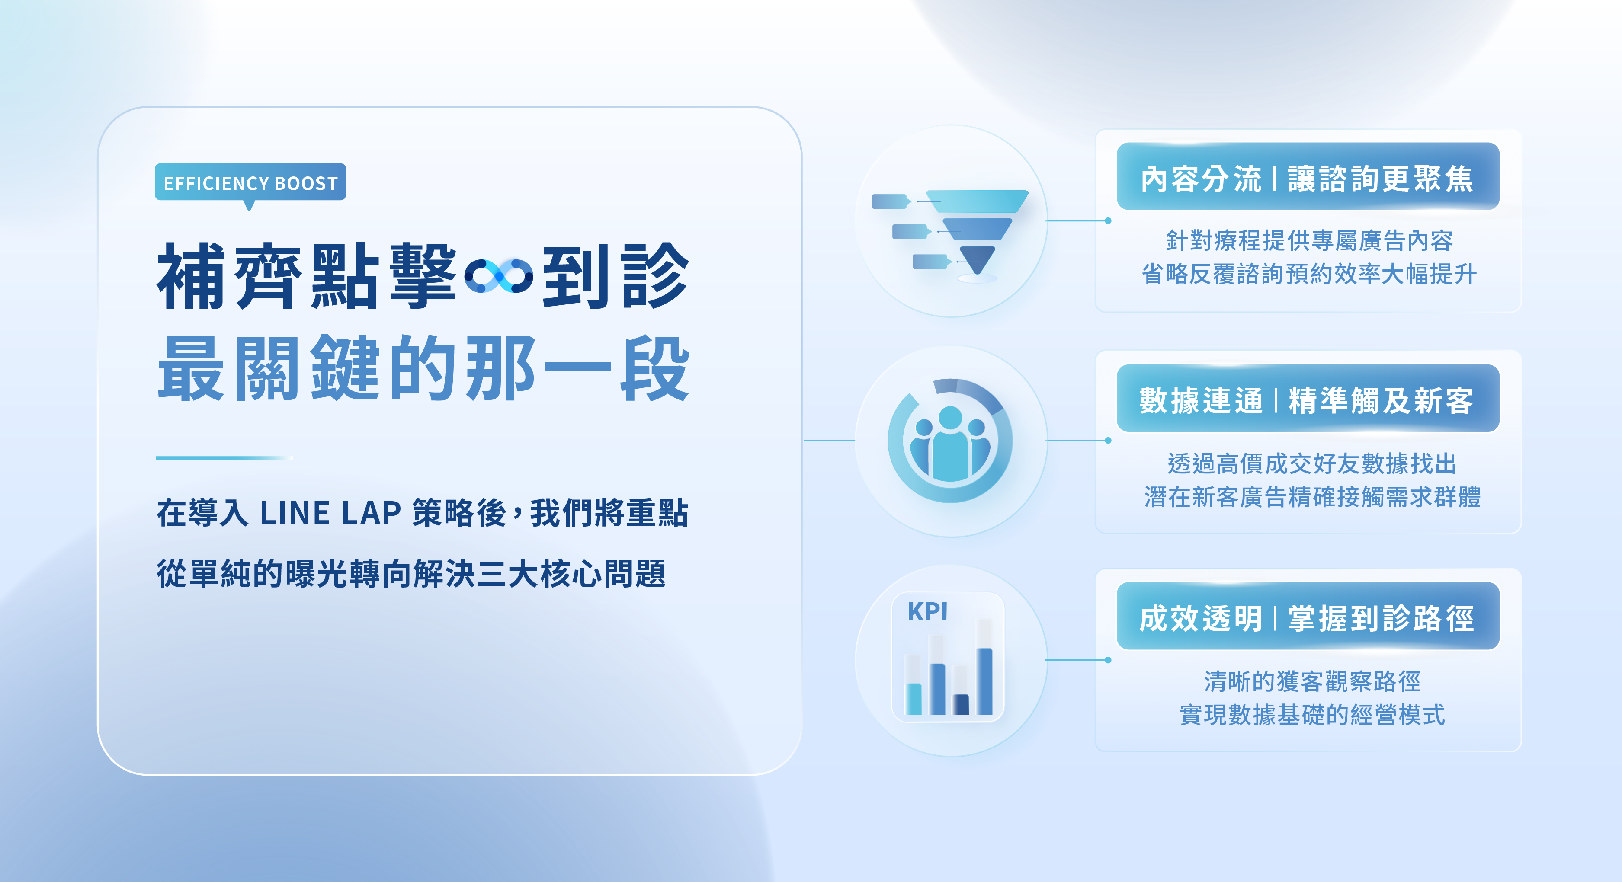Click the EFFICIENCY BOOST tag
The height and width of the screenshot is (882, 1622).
pos(250,182)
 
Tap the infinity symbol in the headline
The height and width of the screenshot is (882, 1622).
pos(499,276)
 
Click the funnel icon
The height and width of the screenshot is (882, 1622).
pos(950,235)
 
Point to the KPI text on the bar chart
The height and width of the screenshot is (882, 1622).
pos(927,611)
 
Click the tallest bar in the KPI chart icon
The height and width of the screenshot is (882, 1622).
pos(984,681)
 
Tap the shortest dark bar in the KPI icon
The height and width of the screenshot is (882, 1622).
pos(961,704)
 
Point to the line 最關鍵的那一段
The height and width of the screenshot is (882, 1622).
pos(423,369)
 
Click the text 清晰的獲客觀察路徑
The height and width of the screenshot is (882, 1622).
pos(1312,681)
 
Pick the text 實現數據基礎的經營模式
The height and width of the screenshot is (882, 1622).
pos(1312,715)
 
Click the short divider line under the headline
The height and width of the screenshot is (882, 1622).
pos(224,458)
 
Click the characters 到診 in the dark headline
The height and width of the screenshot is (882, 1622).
pos(616,276)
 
